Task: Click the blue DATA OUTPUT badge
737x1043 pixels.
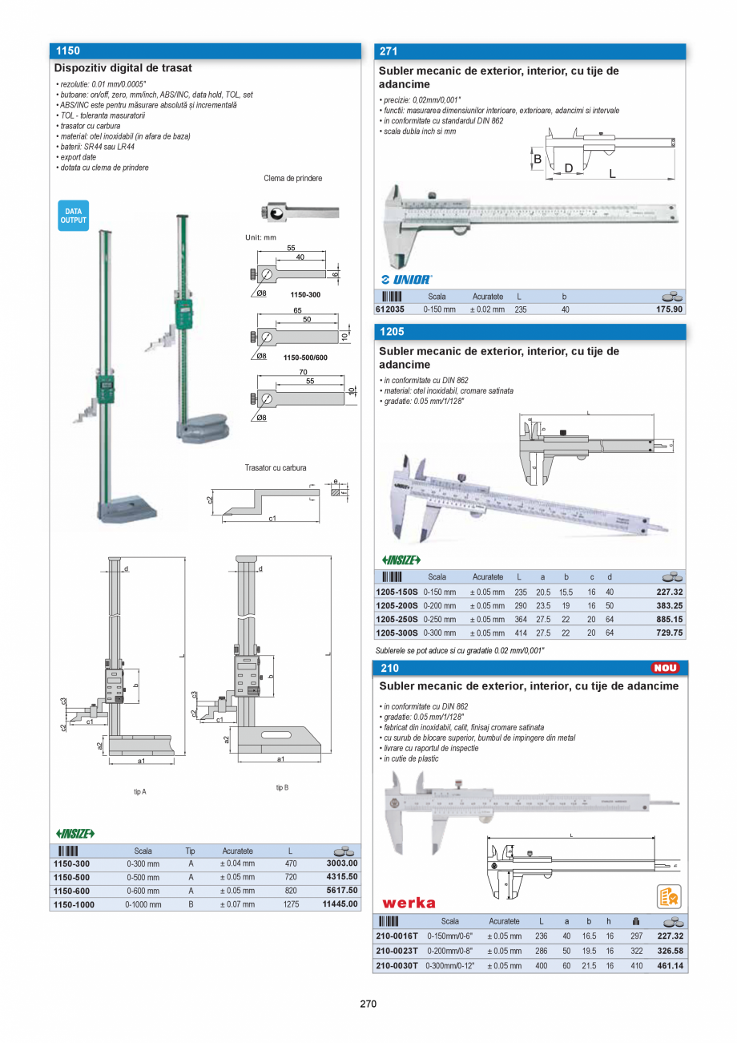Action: (73, 216)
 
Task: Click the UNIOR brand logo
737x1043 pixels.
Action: (407, 280)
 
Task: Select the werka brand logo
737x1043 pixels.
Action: (409, 903)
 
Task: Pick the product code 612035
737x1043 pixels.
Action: (390, 309)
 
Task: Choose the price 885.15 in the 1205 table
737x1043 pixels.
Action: (665, 619)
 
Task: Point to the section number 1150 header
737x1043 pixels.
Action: (68, 51)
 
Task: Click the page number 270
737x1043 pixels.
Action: (368, 1004)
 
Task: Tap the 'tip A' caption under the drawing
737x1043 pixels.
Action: (140, 791)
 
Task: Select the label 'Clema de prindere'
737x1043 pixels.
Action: (292, 178)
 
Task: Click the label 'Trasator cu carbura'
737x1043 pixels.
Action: (276, 467)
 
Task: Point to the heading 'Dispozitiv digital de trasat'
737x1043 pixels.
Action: (123, 69)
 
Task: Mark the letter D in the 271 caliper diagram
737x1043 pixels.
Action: (569, 168)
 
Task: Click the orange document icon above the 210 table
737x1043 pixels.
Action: (669, 896)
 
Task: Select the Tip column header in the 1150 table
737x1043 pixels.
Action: (191, 851)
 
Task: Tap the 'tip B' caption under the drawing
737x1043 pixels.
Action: (282, 788)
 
